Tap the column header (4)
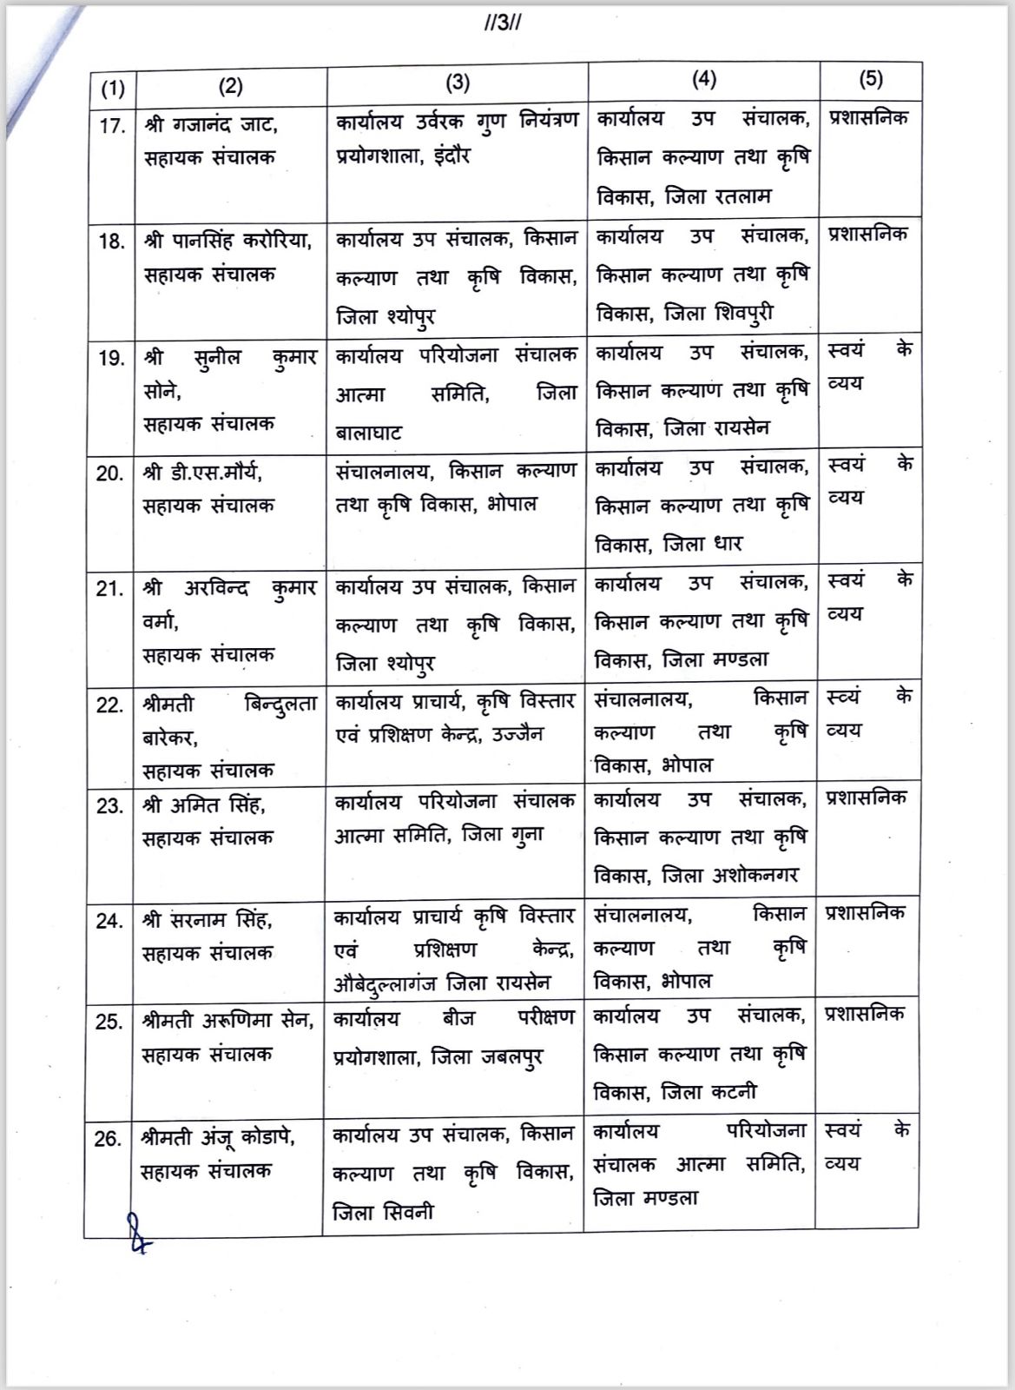[704, 79]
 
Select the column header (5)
[870, 79]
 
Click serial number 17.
[112, 126]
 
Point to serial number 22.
[110, 705]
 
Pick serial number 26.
[109, 1139]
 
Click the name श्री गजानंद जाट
[211, 125]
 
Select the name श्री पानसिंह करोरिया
[227, 241]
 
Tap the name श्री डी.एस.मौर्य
[203, 473]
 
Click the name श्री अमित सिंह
[205, 805]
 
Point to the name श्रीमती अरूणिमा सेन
[227, 1021]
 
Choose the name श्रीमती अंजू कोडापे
[218, 1137]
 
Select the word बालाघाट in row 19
[369, 432]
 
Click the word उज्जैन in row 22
[518, 734]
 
